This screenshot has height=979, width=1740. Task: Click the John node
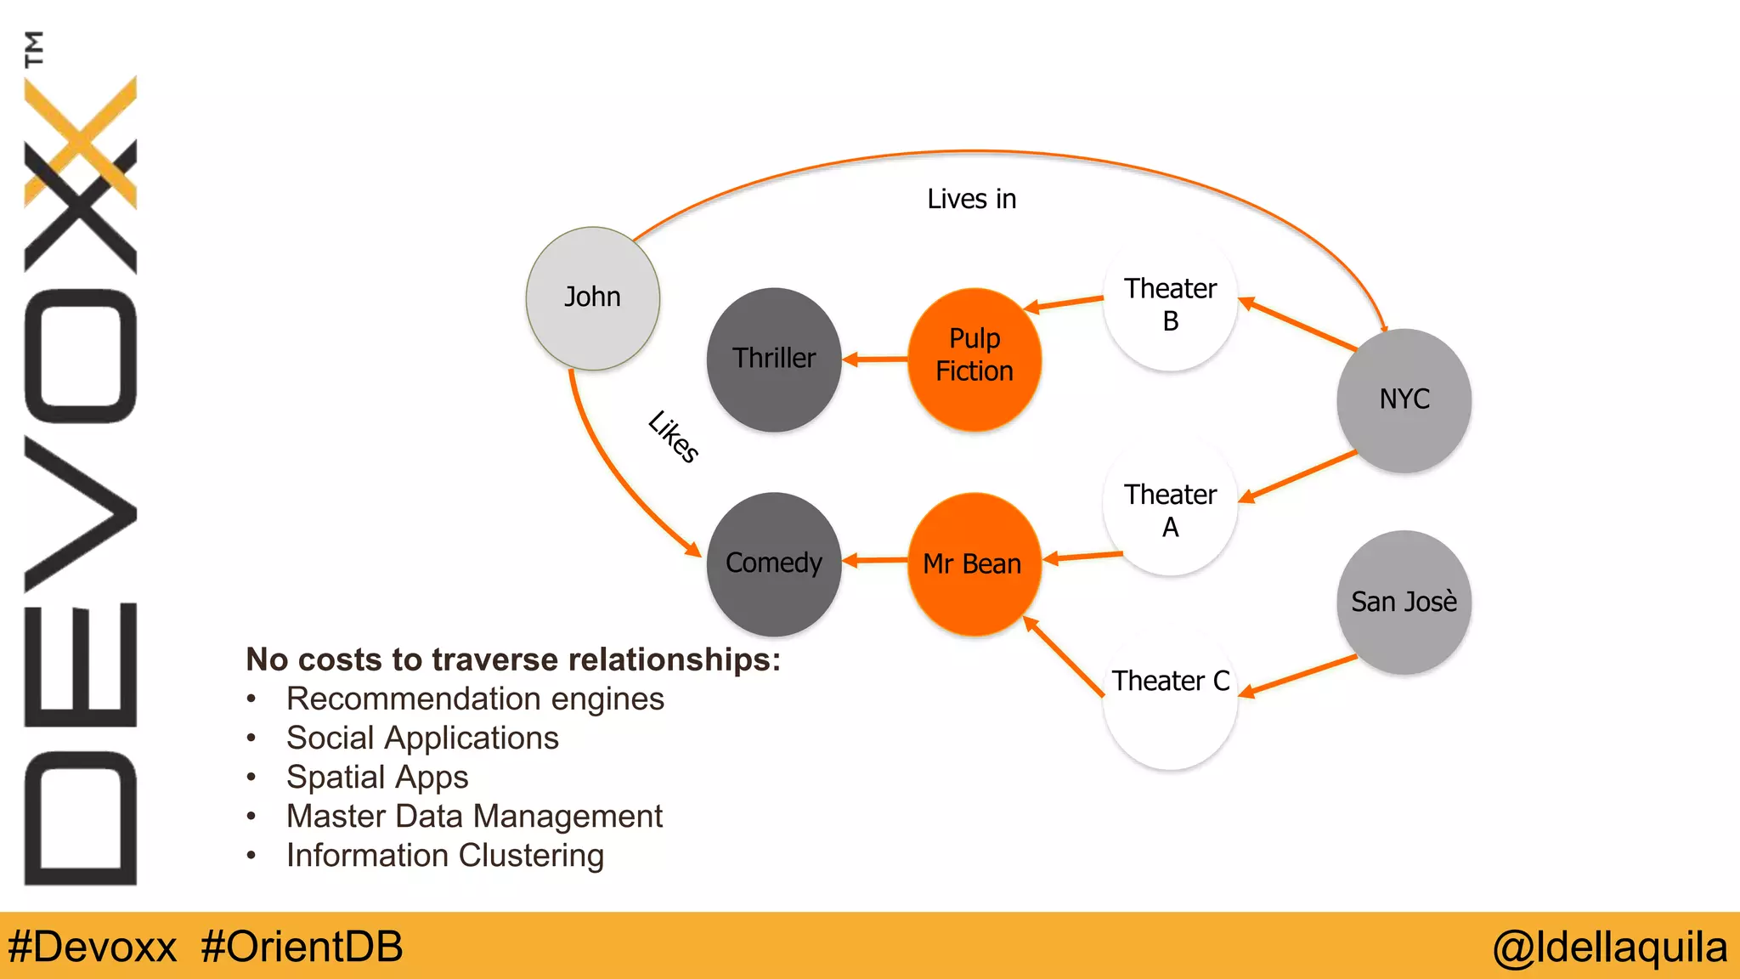pos(593,297)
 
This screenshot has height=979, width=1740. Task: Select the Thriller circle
pos(774,359)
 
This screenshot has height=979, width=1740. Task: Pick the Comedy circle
pos(774,563)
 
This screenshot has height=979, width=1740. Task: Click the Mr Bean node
pos(974,563)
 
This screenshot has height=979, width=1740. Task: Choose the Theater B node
pos(1170,305)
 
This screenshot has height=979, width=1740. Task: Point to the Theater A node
pos(1170,510)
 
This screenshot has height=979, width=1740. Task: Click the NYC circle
pos(1404,399)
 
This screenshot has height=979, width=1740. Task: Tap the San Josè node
pos(1404,602)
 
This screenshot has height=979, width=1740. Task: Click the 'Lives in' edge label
pos(971,199)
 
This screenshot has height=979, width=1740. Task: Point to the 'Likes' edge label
pos(674,436)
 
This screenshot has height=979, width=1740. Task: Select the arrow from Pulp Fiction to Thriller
pos(875,359)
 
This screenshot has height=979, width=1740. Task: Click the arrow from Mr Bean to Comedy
pos(875,560)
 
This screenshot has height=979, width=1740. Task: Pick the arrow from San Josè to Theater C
pos(1298,676)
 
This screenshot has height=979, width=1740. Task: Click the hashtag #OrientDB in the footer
pos(302,947)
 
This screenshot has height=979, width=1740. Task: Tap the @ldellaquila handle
pos(1610,947)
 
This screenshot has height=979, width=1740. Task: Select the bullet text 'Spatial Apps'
pos(377,777)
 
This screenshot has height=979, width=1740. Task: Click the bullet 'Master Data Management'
pos(474,816)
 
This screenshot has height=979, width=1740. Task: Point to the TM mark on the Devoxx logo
pos(34,48)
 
